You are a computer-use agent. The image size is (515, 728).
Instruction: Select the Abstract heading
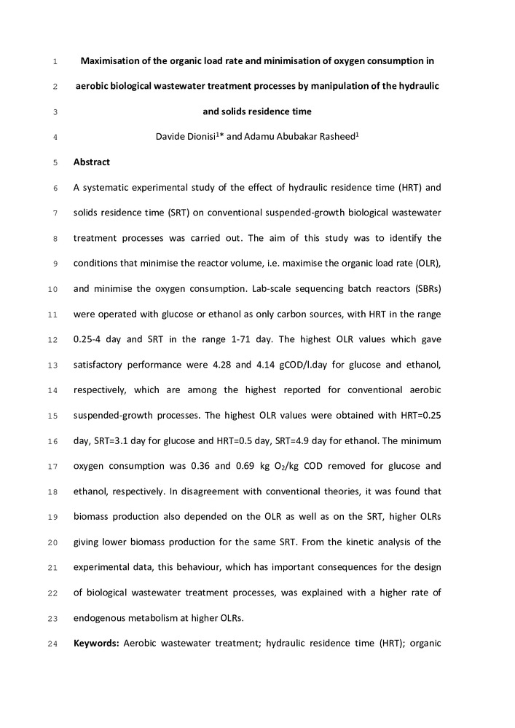tap(91, 162)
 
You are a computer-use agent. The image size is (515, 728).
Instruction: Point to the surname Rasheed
tap(334, 137)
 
